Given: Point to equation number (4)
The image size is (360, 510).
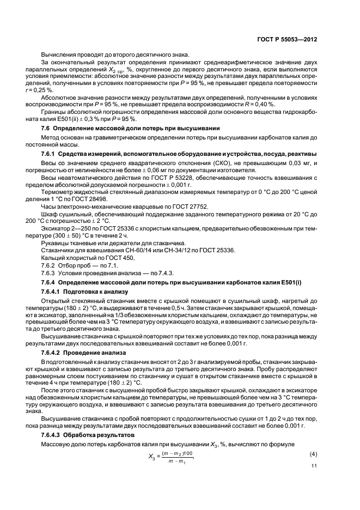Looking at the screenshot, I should pos(313,454).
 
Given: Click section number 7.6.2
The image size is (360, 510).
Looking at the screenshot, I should pos(49,264).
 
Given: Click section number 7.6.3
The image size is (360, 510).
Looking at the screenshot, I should pos(49,272).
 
